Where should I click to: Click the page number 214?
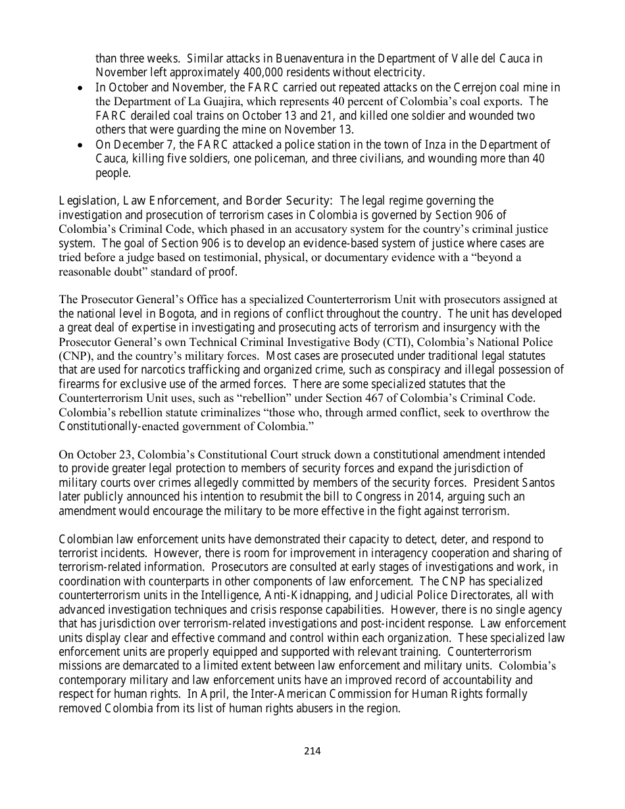click(312, 751)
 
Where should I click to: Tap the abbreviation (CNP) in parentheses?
click(72, 356)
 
